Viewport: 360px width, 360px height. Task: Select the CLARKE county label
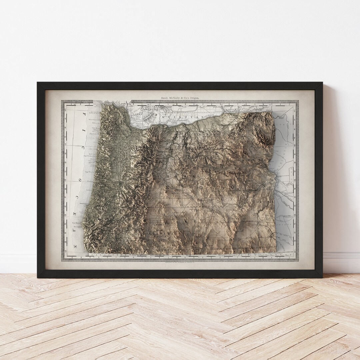pyautogui.click(x=137, y=113)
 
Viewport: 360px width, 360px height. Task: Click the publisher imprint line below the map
pyautogui.click(x=180, y=262)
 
